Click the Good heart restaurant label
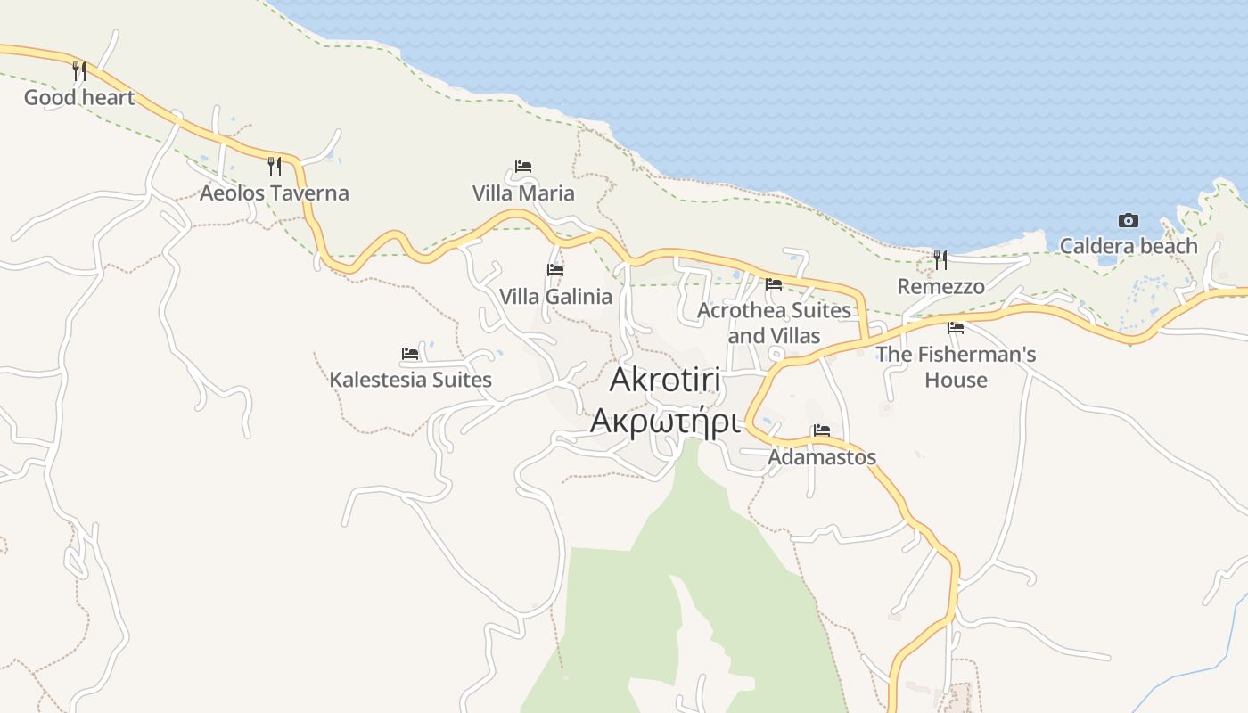(78, 97)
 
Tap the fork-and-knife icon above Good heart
(79, 70)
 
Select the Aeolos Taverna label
(274, 193)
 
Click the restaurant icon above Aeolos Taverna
(275, 166)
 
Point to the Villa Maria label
(523, 193)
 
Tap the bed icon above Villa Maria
(523, 167)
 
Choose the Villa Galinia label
(555, 296)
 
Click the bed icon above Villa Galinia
(555, 270)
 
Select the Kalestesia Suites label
(410, 379)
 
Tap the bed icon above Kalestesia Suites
(410, 354)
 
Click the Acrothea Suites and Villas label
(774, 323)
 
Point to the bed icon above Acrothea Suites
(774, 284)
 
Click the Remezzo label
(940, 286)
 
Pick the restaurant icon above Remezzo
(940, 260)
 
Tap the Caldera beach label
(1128, 245)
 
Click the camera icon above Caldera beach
(1128, 220)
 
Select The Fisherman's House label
(956, 366)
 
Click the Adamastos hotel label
(822, 456)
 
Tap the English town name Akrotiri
(665, 380)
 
